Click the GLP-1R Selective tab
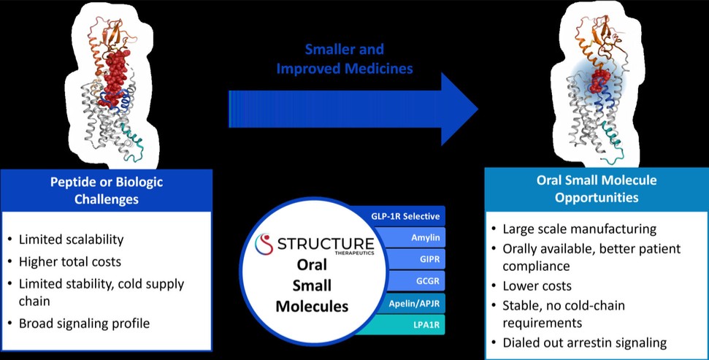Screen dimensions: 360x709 click(x=403, y=216)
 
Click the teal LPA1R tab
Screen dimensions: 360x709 click(x=410, y=321)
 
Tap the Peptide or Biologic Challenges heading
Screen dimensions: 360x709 click(x=107, y=190)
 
